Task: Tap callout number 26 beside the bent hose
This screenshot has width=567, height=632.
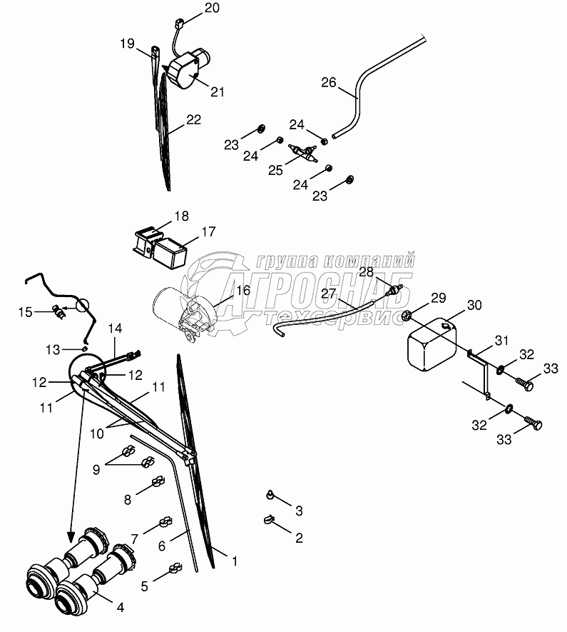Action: coord(328,83)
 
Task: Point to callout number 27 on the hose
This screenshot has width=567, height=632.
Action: coord(328,294)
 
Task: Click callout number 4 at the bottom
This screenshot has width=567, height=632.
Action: coord(121,608)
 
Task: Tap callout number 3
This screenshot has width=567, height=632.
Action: coord(300,511)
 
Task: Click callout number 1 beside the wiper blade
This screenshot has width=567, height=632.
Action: coord(235,562)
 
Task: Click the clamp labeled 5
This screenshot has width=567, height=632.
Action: coord(173,570)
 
